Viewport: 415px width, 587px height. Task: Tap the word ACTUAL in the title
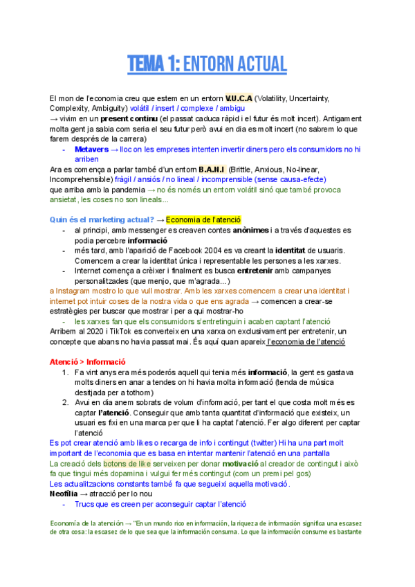pyautogui.click(x=261, y=64)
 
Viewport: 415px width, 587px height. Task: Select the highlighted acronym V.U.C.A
pyautogui.click(x=239, y=98)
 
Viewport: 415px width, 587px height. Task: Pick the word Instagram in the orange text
pyautogui.click(x=74, y=291)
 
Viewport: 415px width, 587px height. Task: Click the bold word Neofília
pyautogui.click(x=68, y=494)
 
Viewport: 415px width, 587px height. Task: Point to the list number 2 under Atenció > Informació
pyautogui.click(x=65, y=402)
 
